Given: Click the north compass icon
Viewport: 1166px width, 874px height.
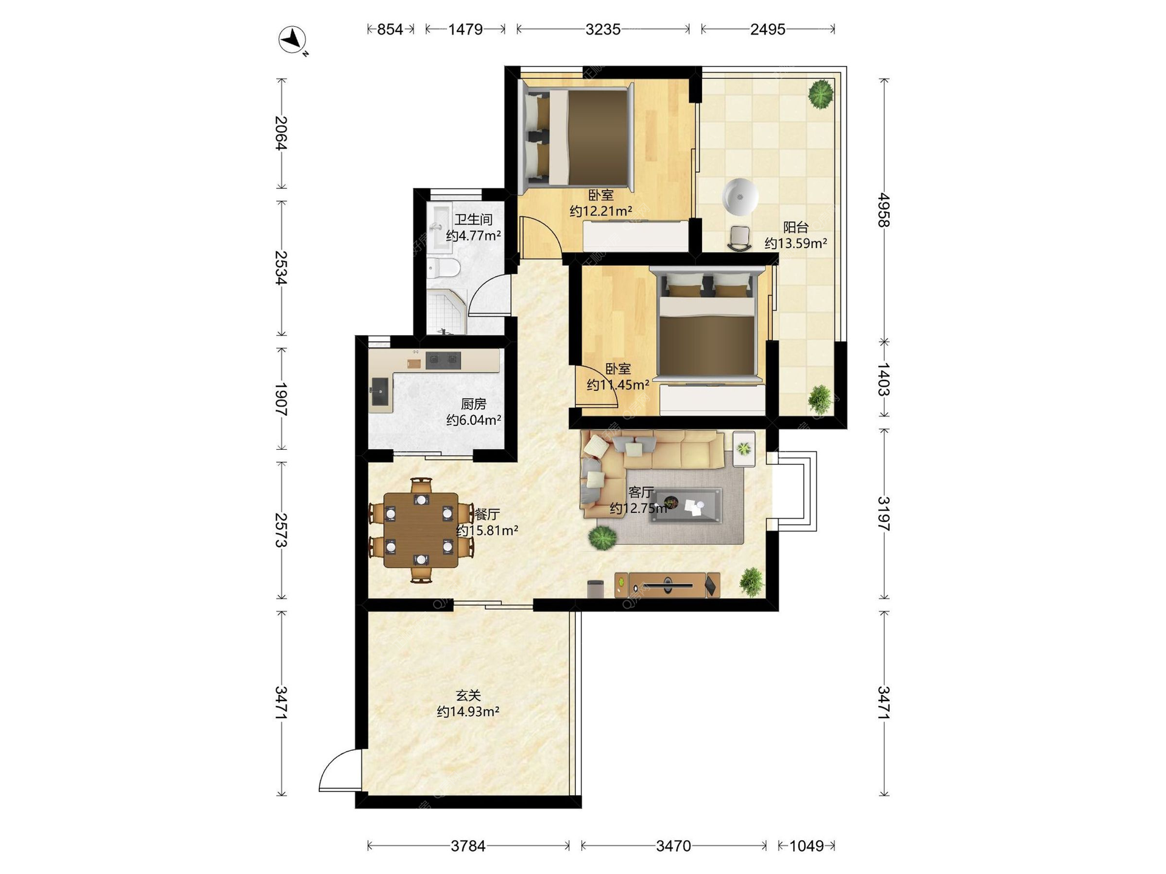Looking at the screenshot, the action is coord(293,40).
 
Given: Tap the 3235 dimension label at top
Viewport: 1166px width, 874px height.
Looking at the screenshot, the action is coord(603,29).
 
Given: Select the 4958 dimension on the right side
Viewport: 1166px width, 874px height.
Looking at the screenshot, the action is coord(884,210).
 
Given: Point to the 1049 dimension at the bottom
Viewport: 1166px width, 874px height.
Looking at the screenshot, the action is coord(806,845).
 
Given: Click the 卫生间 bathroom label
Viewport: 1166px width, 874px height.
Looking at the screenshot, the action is coord(473,219).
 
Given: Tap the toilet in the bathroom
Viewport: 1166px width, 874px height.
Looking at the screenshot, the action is coord(443,268).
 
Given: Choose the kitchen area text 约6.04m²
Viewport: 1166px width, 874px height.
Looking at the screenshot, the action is coord(474,419).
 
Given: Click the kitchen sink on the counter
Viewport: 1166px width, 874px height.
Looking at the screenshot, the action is coord(380,391).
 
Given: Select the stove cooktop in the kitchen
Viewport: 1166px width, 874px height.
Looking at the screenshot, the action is coord(443,361).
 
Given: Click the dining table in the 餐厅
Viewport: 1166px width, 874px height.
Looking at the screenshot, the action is coord(420,530).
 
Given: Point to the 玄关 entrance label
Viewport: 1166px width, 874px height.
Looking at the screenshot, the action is coord(468,695).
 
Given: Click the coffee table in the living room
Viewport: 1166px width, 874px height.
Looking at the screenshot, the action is coord(685,506).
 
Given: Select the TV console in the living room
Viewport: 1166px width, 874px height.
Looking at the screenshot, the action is coord(667,585).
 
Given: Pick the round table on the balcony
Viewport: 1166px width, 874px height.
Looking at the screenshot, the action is coord(740,197).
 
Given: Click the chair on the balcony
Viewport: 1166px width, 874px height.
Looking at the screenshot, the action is coord(740,238).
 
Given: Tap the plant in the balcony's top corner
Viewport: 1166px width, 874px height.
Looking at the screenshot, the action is coord(820,95).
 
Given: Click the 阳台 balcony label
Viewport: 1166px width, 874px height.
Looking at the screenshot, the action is coord(796,228).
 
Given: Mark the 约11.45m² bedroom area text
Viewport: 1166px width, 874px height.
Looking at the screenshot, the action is coord(618,385).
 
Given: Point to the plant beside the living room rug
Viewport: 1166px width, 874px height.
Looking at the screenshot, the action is coord(602,538).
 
